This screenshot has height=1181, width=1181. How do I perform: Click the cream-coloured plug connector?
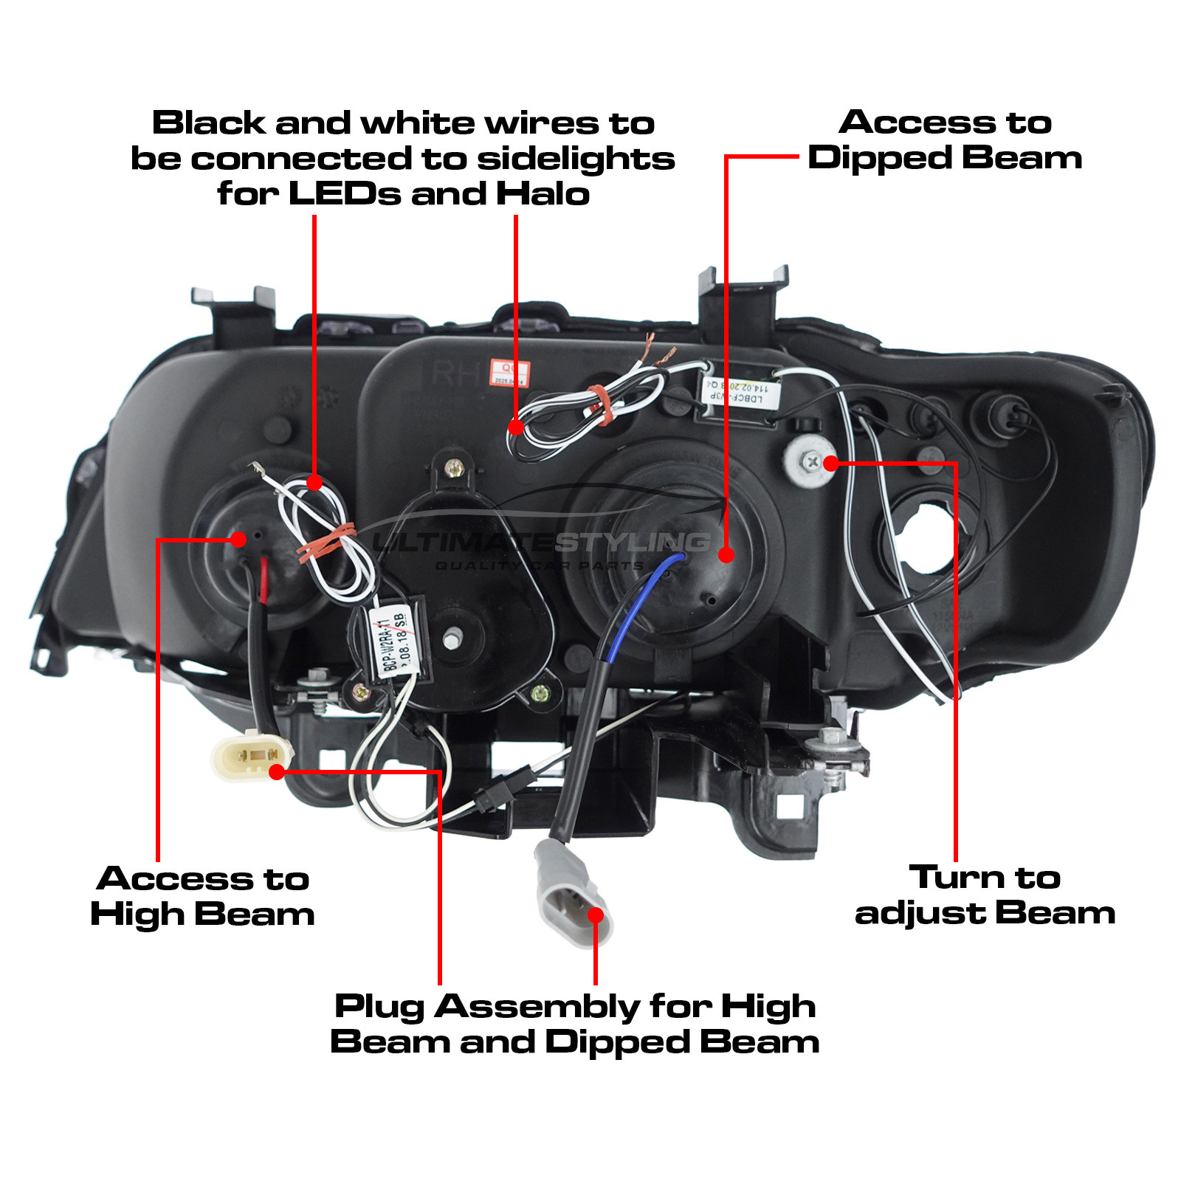[x=252, y=754]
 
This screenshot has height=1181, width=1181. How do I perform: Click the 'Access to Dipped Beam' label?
[x=945, y=140]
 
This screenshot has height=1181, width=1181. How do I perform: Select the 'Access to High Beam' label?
[x=202, y=896]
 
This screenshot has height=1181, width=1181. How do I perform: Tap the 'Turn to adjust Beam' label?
[x=985, y=895]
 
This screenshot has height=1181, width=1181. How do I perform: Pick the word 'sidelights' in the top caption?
[x=576, y=159]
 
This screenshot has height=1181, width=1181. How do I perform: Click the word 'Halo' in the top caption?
[x=543, y=194]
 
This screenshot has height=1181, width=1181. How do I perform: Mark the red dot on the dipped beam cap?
[x=726, y=554]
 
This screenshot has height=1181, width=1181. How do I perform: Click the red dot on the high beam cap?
[x=238, y=539]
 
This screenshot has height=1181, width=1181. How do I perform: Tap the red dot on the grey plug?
[x=596, y=915]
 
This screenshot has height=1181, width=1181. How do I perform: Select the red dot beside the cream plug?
[x=277, y=772]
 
